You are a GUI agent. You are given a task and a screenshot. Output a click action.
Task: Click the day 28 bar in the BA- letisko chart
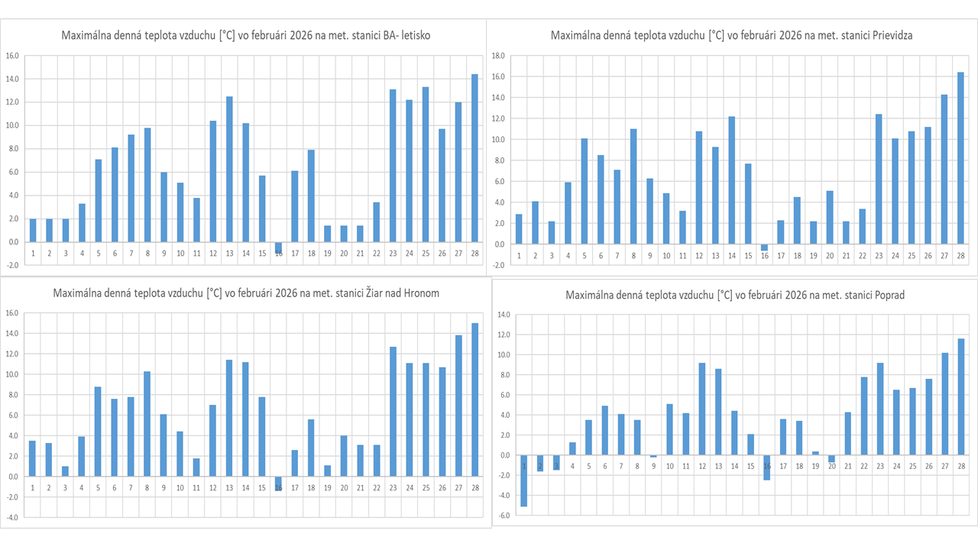tap(474, 157)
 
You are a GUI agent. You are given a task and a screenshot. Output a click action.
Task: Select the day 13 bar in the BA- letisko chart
tap(229, 169)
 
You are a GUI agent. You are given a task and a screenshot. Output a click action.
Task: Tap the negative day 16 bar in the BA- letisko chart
tap(278, 247)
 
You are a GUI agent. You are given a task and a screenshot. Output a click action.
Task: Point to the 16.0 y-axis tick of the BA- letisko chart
tap(13, 56)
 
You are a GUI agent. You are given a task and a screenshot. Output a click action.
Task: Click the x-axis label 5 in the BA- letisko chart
tap(99, 253)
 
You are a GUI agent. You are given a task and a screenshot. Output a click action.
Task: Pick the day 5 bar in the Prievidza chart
tap(585, 191)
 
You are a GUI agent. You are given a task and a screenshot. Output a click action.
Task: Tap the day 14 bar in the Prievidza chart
tap(731, 180)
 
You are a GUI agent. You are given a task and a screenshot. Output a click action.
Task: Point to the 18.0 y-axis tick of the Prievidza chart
tap(498, 56)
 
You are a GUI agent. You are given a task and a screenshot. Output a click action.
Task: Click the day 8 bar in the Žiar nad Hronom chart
tap(147, 423)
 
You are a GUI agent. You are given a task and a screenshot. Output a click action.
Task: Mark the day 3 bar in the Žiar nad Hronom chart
tap(65, 471)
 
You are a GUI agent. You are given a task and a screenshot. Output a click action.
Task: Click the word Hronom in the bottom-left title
tap(419, 293)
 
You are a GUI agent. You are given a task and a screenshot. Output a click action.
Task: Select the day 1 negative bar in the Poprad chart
tap(524, 480)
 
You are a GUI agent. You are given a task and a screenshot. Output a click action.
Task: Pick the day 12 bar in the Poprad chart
tap(702, 409)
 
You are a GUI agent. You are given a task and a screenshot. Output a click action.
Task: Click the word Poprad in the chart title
tap(887, 295)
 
